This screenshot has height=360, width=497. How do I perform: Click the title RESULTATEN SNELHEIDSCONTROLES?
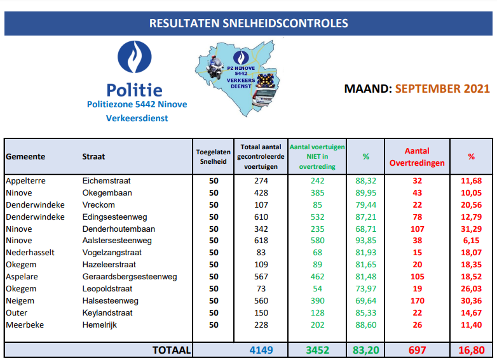(x=248, y=23)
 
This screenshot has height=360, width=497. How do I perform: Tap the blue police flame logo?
(x=134, y=58)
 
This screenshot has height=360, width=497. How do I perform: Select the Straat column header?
(x=93, y=157)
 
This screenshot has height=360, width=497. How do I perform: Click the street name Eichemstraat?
(x=106, y=181)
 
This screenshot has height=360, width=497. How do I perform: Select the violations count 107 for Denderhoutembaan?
(x=417, y=229)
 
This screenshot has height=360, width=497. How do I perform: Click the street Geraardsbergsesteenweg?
(x=130, y=277)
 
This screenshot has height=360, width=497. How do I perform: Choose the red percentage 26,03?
(x=471, y=289)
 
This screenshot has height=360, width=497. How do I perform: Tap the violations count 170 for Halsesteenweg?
(x=417, y=301)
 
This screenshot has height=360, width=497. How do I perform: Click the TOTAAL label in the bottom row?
(x=171, y=350)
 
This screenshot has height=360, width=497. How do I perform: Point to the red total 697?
(x=417, y=350)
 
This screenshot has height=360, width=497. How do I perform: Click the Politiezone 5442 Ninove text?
(x=137, y=104)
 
